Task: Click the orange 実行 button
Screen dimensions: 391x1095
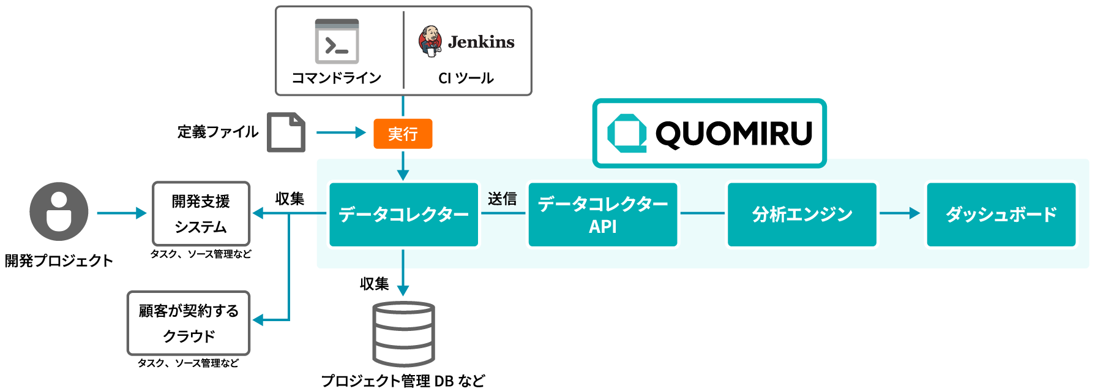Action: (x=403, y=134)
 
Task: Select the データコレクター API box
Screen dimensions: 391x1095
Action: (x=603, y=214)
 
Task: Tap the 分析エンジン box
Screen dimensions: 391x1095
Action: (x=802, y=214)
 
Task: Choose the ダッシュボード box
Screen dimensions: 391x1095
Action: (x=1001, y=214)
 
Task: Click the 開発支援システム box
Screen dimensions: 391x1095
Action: (x=201, y=214)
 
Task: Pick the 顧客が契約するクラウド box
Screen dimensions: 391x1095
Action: (x=189, y=323)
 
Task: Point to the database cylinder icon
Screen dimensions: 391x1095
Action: (x=403, y=334)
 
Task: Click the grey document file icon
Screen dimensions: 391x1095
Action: (x=286, y=132)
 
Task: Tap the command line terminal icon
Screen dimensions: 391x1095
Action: (x=337, y=42)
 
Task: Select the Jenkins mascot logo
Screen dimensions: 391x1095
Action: (x=430, y=41)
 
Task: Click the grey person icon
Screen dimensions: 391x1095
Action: (x=59, y=211)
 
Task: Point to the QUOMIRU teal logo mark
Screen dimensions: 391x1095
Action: (x=627, y=133)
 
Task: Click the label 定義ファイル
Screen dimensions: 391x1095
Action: (x=218, y=132)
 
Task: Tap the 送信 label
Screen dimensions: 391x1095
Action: (x=502, y=199)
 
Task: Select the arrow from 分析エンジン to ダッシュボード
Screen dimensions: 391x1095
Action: (x=899, y=213)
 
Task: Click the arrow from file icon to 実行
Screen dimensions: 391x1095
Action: (x=340, y=132)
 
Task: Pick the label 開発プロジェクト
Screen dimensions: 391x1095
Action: (x=59, y=260)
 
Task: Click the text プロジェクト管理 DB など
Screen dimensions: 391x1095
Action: (x=403, y=381)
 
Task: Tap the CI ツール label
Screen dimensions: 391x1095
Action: (x=466, y=78)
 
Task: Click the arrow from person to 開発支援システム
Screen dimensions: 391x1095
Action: (x=121, y=213)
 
